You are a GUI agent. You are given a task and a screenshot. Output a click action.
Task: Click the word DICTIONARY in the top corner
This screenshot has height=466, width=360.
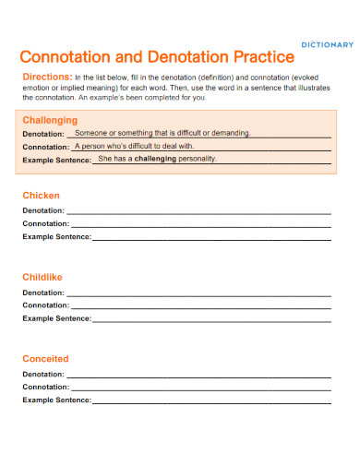click(x=328, y=44)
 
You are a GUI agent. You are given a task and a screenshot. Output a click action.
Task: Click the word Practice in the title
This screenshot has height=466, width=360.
click(x=251, y=56)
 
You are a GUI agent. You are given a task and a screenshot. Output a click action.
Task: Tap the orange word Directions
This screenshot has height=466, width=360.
click(x=46, y=77)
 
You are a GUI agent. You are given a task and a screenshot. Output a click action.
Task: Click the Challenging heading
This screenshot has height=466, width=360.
click(x=49, y=120)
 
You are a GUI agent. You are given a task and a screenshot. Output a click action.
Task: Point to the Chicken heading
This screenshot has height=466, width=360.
click(x=41, y=196)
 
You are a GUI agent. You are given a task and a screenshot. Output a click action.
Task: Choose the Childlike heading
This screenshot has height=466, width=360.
click(x=42, y=277)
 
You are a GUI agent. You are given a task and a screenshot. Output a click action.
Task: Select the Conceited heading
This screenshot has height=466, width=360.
click(x=44, y=358)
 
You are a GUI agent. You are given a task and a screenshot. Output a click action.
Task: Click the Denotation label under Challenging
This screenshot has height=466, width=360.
click(x=43, y=134)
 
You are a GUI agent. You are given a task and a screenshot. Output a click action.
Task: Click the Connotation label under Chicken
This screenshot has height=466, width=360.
click(x=45, y=223)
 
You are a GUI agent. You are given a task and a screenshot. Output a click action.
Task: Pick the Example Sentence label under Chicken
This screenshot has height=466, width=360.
click(x=56, y=237)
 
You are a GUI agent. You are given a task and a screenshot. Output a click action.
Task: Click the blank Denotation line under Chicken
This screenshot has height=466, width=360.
click(x=198, y=212)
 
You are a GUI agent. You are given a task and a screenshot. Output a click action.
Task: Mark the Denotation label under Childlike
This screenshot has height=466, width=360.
click(x=43, y=292)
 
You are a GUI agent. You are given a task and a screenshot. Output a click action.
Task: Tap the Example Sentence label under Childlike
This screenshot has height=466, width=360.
click(x=56, y=318)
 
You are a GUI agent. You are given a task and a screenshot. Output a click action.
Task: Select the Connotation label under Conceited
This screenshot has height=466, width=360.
click(x=45, y=387)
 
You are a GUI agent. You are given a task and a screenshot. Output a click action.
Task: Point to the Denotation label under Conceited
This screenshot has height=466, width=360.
click(x=43, y=374)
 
